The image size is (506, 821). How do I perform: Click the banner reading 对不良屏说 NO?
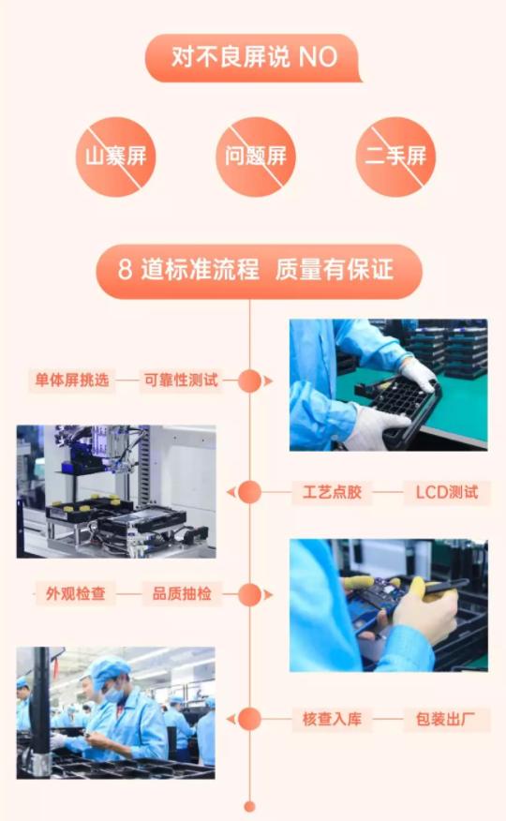[253, 57]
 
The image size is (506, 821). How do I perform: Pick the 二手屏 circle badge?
[394, 156]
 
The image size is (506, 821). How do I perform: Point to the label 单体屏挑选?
[72, 381]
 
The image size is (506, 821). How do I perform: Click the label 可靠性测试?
[180, 381]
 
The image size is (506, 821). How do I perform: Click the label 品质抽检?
[182, 594]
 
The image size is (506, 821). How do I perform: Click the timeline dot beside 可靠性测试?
[249, 381]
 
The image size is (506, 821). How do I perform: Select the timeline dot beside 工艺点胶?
[249, 492]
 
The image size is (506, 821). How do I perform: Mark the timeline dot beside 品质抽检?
[249, 594]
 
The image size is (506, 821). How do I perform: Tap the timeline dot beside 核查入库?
[249, 720]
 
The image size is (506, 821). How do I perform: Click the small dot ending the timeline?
[249, 805]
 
